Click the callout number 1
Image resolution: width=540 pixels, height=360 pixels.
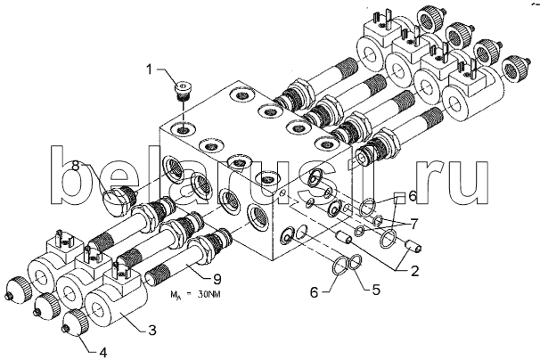(x=149, y=70)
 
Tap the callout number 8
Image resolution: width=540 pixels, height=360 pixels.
(x=76, y=167)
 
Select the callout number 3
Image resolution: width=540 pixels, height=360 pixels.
(x=152, y=330)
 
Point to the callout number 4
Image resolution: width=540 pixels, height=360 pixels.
(x=102, y=352)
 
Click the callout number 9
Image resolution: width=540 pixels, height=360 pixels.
(x=217, y=279)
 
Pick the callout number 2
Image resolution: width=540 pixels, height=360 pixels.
(x=414, y=271)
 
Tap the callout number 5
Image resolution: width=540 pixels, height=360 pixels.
(x=376, y=290)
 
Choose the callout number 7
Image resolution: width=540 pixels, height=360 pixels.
(x=413, y=225)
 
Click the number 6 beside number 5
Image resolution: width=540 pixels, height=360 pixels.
(x=314, y=292)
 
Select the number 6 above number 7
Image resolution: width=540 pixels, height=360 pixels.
(x=413, y=196)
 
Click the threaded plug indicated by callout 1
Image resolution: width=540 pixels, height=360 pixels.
(x=182, y=90)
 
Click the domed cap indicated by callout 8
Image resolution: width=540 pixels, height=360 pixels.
(x=117, y=202)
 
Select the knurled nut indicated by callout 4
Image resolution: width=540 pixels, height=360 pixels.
(x=75, y=322)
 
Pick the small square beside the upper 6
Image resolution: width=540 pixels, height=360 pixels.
(x=399, y=199)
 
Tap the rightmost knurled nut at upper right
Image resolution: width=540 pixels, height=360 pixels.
(x=516, y=70)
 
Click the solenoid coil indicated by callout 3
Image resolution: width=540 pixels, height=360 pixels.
(x=117, y=302)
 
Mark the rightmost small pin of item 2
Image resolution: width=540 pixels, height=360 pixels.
(x=413, y=246)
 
